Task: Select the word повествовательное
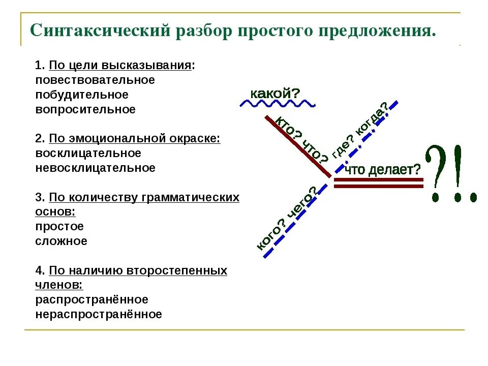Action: click(95, 80)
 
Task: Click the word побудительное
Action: click(82, 95)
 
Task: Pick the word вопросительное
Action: click(85, 109)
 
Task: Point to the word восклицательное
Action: click(88, 153)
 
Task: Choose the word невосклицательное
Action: click(95, 168)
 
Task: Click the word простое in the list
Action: click(59, 226)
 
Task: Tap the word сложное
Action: click(61, 241)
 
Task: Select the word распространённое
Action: click(91, 299)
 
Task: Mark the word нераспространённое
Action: click(99, 314)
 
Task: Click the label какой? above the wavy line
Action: click(275, 94)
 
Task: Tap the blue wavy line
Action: click(278, 104)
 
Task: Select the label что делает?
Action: click(383, 170)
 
